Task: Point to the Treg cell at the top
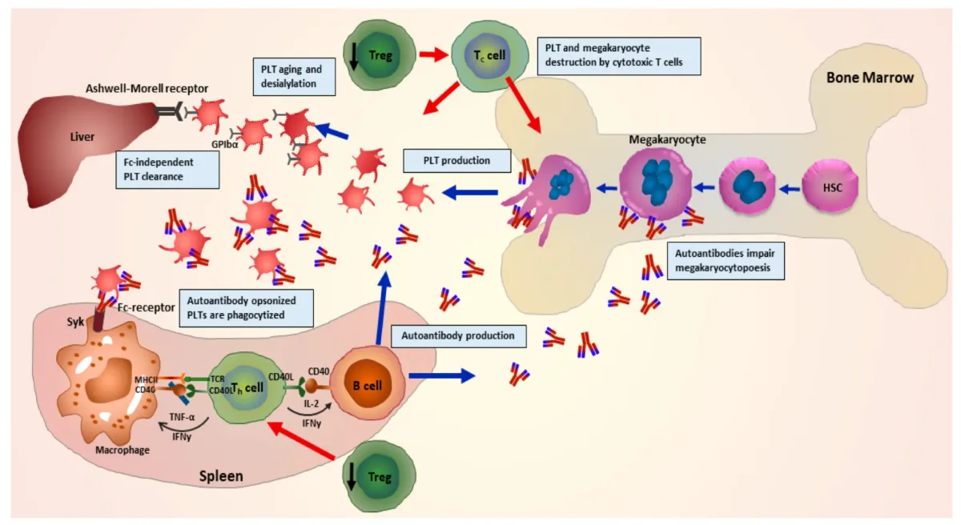point(380,54)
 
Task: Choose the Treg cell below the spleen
point(379,477)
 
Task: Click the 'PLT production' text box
point(457,160)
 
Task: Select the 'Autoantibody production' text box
point(458,335)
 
